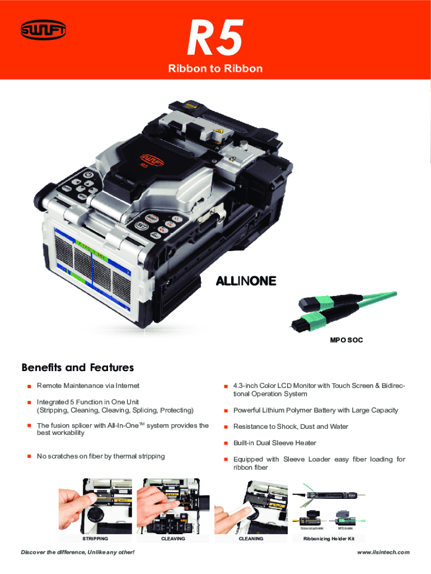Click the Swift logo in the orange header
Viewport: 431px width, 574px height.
pos(43,31)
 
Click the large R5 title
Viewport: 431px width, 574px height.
pos(215,38)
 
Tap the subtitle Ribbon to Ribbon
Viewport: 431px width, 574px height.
pos(215,68)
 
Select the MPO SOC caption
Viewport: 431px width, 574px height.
pos(346,340)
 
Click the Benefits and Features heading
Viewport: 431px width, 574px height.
pos(78,368)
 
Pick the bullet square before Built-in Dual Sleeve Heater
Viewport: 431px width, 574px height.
pos(225,443)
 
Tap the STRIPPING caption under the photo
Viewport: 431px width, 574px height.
pos(95,539)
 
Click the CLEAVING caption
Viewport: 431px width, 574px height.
pos(173,539)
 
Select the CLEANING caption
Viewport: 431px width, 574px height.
pos(251,539)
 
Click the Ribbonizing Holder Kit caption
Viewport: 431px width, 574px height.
pos(329,539)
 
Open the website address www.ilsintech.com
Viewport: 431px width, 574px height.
pos(383,553)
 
